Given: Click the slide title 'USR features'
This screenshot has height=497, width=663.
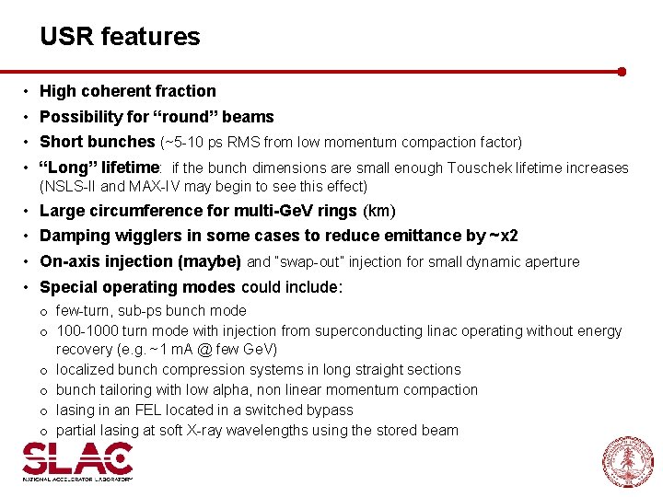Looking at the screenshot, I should pyautogui.click(x=120, y=37).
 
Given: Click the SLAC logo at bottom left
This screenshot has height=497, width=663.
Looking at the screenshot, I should pyautogui.click(x=77, y=461).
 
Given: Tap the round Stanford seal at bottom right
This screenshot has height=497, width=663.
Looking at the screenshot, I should pyautogui.click(x=628, y=461).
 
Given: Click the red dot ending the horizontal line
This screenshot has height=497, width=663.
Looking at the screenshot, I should pyautogui.click(x=622, y=71).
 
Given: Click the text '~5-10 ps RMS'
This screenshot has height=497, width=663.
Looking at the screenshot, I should pyautogui.click(x=211, y=143).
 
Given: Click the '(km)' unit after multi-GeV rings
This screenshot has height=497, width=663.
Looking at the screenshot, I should pyautogui.click(x=379, y=212).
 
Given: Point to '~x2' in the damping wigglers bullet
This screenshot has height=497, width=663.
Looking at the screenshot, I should pyautogui.click(x=504, y=237).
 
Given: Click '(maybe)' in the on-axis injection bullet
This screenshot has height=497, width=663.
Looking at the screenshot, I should pyautogui.click(x=211, y=261).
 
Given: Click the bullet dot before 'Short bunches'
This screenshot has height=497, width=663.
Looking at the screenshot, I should pyautogui.click(x=29, y=143).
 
